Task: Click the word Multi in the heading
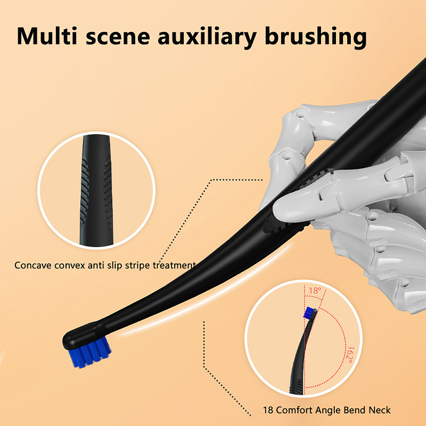(x=47, y=36)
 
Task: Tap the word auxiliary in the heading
(x=207, y=37)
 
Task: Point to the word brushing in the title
(x=316, y=37)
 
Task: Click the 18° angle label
(x=315, y=290)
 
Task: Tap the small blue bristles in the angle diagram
(x=309, y=312)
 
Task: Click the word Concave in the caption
(x=33, y=265)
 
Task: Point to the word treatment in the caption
(x=174, y=265)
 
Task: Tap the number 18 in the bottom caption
(x=268, y=410)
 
